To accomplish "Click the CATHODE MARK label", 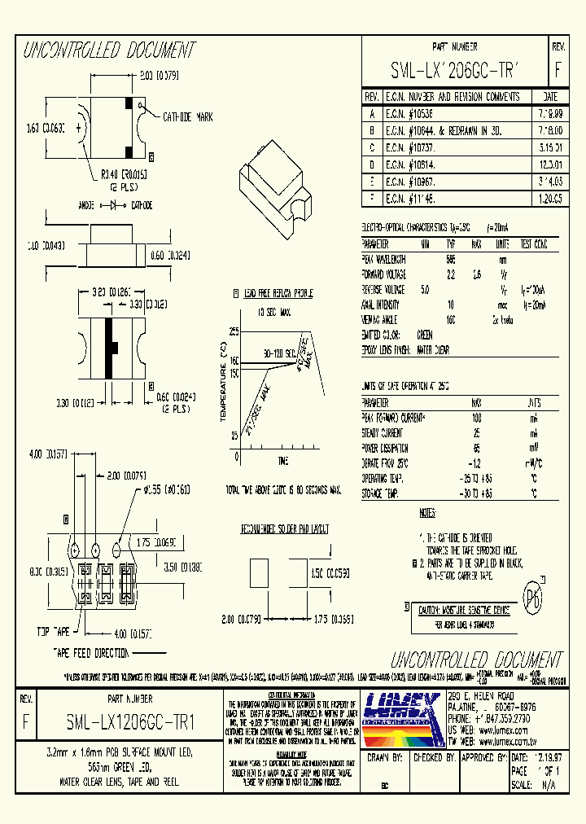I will click(x=188, y=117).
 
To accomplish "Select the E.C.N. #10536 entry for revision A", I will click(x=410, y=115).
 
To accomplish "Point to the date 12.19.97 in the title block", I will click(x=548, y=756).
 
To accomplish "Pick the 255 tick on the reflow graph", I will click(x=233, y=332).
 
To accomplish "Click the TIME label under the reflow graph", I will click(x=282, y=461).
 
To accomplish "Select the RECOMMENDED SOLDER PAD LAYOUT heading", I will click(x=284, y=528).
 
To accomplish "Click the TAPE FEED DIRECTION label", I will click(x=91, y=653).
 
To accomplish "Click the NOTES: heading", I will click(x=427, y=513).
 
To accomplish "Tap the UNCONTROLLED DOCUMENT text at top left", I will click(x=110, y=50).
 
